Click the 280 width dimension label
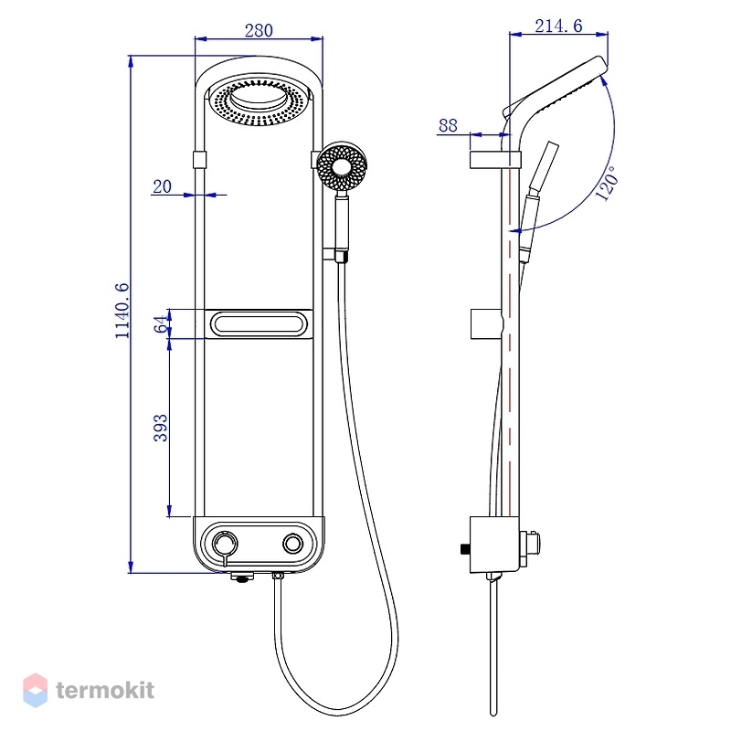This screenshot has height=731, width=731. pos(259,30)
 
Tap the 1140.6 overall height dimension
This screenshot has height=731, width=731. pos(122,311)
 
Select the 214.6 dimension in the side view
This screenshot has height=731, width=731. pos(558,26)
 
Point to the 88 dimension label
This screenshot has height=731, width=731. pos(448,125)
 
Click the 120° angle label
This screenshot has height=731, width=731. pos(607,184)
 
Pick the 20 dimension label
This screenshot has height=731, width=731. pos(163,186)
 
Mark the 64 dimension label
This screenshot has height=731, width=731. pos(161,324)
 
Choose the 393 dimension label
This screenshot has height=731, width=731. pos(161,428)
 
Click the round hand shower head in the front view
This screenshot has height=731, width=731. pos(342,166)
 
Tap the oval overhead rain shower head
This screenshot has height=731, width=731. pos(259,100)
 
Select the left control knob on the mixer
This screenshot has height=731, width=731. pos(225,544)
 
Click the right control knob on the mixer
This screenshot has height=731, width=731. pos(292,544)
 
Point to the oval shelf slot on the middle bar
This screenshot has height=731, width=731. pos(259,323)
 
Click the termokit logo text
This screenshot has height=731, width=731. pos(105,690)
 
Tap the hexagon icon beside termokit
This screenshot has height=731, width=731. pos(36,690)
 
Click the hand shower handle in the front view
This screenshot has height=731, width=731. pos(342,223)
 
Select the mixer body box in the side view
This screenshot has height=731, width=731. pos(494,545)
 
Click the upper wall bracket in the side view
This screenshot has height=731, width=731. pos(494,159)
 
